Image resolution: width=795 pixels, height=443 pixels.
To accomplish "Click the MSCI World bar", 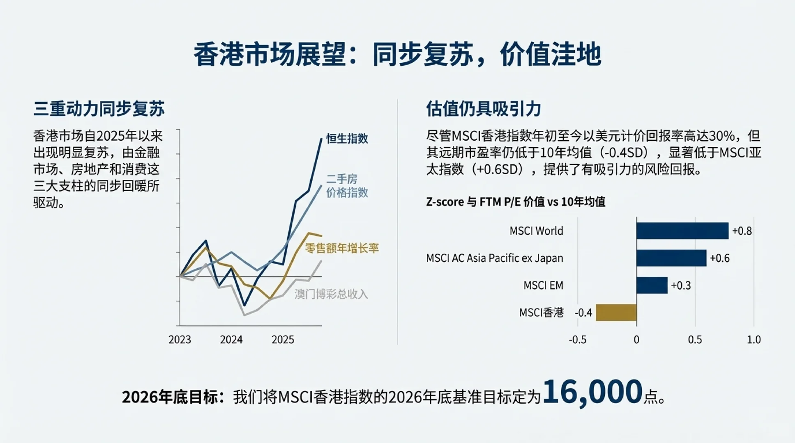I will coord(682,231).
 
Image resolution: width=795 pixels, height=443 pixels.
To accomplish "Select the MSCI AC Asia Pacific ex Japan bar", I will coord(671,258).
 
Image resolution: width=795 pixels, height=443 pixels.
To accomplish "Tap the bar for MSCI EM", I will coord(652,285).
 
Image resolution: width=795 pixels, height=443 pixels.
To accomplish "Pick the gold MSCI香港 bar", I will coord(616,313).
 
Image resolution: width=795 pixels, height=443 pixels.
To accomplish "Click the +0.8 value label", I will coord(742,231).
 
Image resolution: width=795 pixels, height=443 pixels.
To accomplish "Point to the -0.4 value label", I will coord(583,313).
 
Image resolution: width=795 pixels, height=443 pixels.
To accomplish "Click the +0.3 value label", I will coord(681,285).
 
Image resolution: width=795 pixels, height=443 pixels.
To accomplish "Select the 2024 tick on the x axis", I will coord(231,340).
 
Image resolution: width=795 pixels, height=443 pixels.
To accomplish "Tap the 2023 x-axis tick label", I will coord(180,340).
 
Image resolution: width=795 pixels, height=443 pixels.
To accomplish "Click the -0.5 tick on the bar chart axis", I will coord(577,340).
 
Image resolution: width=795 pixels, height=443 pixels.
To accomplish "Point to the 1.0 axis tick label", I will coord(754,340).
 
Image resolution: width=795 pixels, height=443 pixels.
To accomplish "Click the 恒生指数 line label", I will coord(347,139).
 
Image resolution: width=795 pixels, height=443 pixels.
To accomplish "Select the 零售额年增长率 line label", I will coord(341,248).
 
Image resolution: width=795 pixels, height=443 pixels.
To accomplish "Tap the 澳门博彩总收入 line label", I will coord(331,294).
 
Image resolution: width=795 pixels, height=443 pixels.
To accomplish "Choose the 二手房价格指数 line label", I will coord(347,186).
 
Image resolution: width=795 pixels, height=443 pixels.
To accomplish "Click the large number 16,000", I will coord(592,392).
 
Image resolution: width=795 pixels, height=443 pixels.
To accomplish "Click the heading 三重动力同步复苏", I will coord(99,109).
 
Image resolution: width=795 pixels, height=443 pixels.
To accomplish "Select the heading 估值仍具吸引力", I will coord(483,109).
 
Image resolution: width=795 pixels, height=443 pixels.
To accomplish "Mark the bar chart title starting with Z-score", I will coord(515,202).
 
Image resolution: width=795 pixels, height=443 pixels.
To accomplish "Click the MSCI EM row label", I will coord(543,285).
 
